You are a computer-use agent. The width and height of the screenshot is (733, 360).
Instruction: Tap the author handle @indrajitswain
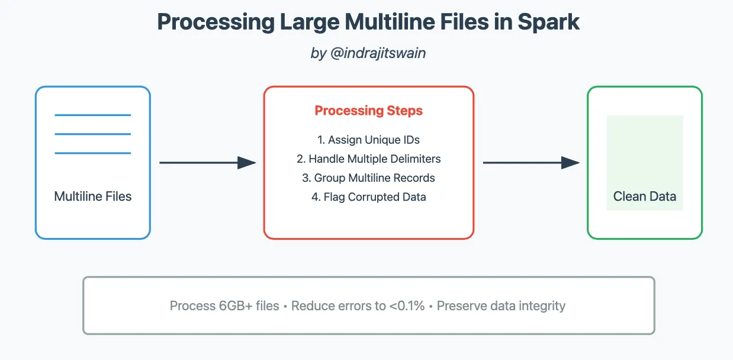[385, 53]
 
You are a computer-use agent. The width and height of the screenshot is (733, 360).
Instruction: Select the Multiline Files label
[93, 197]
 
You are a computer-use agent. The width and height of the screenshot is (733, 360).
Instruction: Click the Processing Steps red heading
[368, 111]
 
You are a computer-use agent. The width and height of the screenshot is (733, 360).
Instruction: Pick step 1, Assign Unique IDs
[368, 140]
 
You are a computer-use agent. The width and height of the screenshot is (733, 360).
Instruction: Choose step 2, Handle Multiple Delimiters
[368, 159]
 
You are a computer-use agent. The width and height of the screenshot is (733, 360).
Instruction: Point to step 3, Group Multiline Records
[368, 178]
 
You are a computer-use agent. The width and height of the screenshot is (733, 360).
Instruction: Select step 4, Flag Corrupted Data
[368, 197]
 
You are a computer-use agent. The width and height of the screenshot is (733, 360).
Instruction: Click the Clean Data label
[644, 197]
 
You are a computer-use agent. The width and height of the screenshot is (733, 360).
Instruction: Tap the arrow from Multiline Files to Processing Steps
[207, 163]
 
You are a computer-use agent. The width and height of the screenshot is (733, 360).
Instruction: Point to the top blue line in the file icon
[93, 115]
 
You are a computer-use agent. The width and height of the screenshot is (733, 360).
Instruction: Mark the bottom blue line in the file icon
[93, 153]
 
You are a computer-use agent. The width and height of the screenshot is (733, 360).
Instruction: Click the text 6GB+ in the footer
[239, 306]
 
